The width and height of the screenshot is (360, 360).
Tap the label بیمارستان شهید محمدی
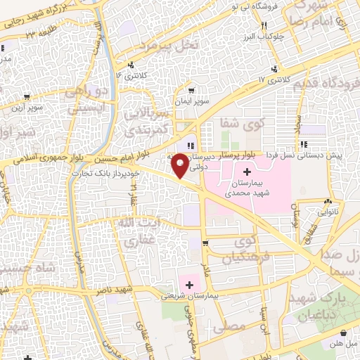click(247, 184)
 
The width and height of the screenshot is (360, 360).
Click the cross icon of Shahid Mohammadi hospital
click(247, 172)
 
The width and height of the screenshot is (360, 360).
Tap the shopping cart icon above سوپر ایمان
click(191, 90)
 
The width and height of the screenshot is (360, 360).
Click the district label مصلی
click(233, 326)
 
